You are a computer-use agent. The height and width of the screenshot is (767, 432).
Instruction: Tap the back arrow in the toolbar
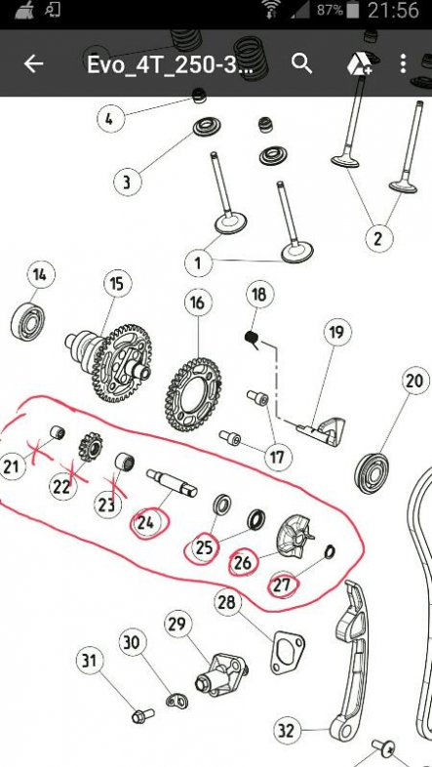33,63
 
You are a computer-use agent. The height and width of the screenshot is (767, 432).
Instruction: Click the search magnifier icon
302,63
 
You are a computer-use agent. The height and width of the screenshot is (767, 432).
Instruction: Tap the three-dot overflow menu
403,63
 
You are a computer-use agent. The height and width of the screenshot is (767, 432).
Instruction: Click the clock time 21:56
393,11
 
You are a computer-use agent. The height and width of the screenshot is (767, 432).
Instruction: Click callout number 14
41,275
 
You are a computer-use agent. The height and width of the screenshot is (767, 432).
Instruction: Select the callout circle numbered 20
415,381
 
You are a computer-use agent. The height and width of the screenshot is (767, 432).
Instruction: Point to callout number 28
227,602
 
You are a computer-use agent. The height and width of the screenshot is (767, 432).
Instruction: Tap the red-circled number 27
282,585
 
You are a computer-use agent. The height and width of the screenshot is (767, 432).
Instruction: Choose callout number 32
287,731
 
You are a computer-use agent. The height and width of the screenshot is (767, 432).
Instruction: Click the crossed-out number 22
62,487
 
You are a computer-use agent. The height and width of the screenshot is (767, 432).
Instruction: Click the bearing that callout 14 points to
28,320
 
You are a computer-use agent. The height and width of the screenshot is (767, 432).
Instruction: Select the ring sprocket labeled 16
193,395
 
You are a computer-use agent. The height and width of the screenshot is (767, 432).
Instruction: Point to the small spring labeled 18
252,339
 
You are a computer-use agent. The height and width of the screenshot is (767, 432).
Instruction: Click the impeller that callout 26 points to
295,538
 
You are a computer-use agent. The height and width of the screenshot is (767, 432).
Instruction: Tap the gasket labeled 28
288,653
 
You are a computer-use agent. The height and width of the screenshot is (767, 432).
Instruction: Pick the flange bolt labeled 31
143,715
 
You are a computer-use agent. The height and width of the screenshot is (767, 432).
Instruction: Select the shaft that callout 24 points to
172,483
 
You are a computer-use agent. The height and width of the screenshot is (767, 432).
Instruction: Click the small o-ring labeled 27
330,552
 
